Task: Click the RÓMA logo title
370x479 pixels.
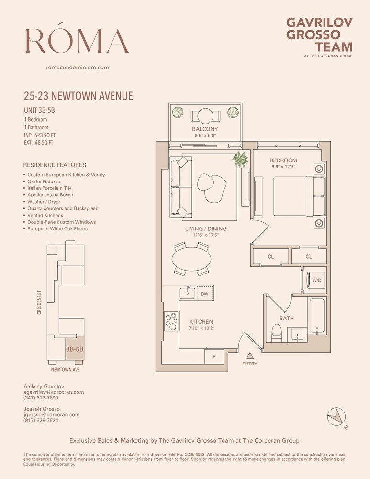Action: [x=77, y=40]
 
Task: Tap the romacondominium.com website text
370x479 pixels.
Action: [x=77, y=68]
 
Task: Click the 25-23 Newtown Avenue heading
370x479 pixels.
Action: [x=78, y=96]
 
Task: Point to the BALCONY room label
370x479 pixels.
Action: [x=205, y=129]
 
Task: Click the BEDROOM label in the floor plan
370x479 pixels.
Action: [x=283, y=160]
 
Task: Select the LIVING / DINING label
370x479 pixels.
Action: [x=206, y=229]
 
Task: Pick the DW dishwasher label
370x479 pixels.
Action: [x=204, y=294]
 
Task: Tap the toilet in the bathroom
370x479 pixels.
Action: [x=276, y=333]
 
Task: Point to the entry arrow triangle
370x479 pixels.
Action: [x=249, y=355]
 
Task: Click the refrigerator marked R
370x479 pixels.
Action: [x=213, y=357]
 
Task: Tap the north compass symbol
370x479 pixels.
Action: [x=337, y=415]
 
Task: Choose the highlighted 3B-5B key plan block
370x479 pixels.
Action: [x=74, y=349]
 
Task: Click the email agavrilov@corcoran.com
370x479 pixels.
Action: [x=54, y=392]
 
